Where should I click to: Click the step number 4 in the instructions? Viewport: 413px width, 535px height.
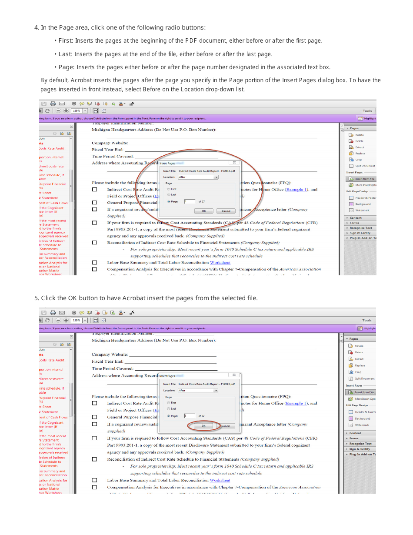[x=36, y=28]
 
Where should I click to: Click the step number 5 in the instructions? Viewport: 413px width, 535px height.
[x=36, y=298]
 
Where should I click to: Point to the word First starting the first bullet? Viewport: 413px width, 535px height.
[x=65, y=41]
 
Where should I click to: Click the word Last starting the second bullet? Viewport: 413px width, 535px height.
[x=65, y=54]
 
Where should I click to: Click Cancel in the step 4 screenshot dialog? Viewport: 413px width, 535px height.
[x=226, y=211]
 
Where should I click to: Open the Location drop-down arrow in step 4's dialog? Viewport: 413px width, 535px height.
[x=216, y=177]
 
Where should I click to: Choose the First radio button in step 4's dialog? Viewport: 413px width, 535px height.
[x=169, y=189]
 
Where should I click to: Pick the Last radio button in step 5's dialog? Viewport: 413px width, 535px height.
[x=169, y=409]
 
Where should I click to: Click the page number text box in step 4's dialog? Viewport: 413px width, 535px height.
[x=190, y=201]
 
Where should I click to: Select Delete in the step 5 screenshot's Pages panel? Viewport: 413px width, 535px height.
[x=359, y=352]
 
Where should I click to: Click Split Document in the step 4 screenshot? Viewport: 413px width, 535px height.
[x=364, y=166]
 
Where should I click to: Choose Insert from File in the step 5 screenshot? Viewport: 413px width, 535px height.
[x=364, y=392]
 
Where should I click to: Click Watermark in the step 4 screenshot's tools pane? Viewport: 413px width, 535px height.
[x=362, y=211]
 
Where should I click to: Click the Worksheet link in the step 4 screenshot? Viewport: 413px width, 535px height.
[x=220, y=263]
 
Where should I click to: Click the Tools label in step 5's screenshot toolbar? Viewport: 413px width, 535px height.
[x=367, y=321]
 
